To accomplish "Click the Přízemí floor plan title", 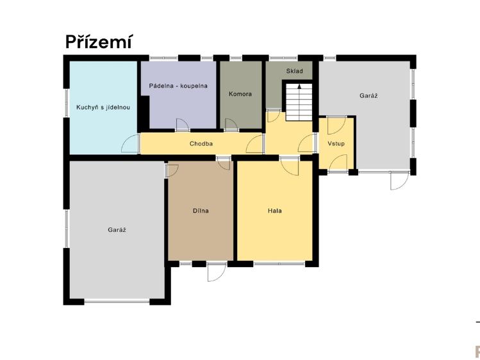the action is click(x=99, y=42).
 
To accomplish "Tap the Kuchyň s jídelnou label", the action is click(x=103, y=108).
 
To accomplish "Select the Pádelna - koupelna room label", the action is click(x=178, y=86).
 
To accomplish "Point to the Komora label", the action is click(x=240, y=94).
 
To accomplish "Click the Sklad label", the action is click(x=295, y=71).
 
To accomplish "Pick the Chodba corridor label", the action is click(x=201, y=143).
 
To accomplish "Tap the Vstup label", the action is click(x=336, y=143).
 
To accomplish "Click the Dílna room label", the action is click(x=201, y=211).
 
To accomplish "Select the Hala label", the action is click(x=274, y=211).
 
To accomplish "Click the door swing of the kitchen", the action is click(x=129, y=143).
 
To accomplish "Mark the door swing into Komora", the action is click(x=231, y=124).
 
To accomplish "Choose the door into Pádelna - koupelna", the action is click(x=182, y=124).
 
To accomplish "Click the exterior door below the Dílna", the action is click(x=217, y=272).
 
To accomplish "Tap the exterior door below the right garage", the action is click(x=399, y=181).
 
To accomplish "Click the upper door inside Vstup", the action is click(x=336, y=126).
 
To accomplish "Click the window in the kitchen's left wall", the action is click(x=67, y=103).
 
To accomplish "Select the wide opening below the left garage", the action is click(x=117, y=301).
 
